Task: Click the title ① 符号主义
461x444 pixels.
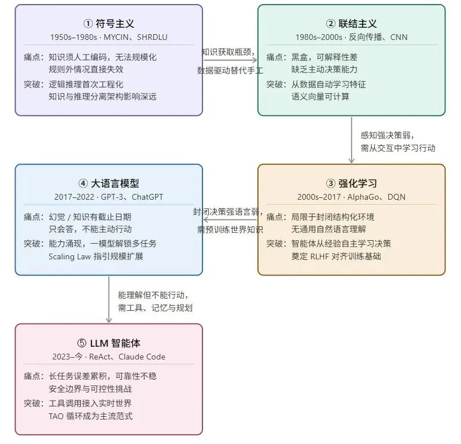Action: pos(109,24)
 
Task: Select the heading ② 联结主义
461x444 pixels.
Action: pos(351,24)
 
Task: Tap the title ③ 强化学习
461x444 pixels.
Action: pos(351,183)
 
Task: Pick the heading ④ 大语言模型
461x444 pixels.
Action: pos(109,183)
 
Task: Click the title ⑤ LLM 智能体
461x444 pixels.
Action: pos(109,342)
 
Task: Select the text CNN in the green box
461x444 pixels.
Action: pos(399,37)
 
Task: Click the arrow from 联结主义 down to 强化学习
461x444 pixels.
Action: pos(352,140)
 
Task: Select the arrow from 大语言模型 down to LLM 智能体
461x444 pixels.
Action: pos(109,299)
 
